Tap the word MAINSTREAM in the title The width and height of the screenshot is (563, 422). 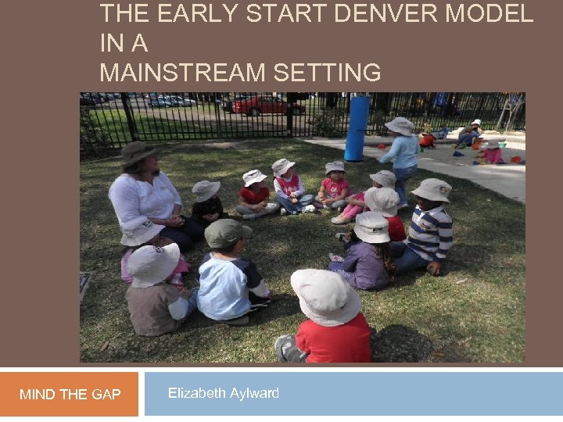tap(182, 73)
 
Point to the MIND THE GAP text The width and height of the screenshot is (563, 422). tap(70, 395)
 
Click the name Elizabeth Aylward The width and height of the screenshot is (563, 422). tap(223, 393)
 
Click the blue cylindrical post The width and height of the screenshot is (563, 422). tap(357, 128)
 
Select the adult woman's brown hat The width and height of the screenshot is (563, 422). tap(139, 152)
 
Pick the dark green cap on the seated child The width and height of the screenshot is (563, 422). tap(227, 233)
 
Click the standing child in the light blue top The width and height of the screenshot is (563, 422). tap(402, 156)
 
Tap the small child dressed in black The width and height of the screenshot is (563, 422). tap(208, 205)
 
